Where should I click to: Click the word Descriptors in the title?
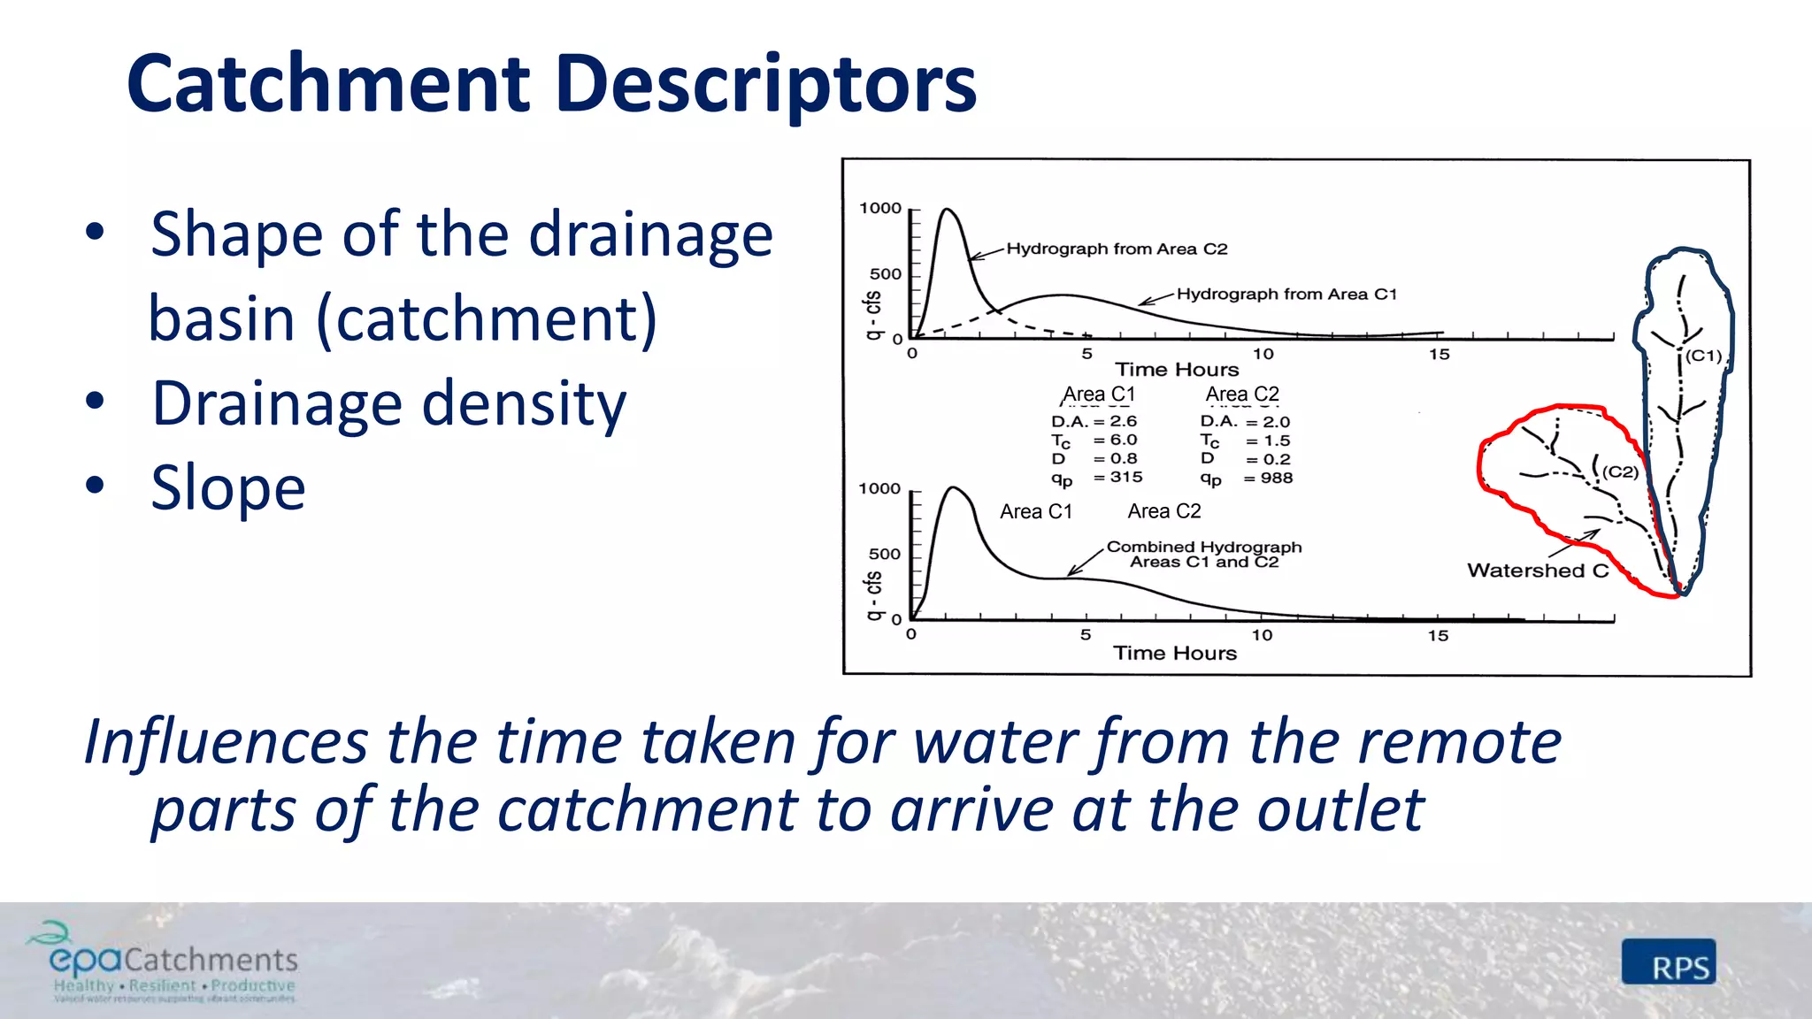click(766, 84)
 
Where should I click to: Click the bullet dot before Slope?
click(95, 487)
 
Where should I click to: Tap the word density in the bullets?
click(524, 403)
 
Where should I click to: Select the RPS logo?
click(1669, 963)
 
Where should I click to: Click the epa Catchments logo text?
click(173, 959)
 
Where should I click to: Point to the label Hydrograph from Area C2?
click(1117, 249)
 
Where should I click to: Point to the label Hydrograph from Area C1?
click(1286, 295)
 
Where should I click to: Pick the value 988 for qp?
click(1277, 479)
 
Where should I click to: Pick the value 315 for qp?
click(1126, 477)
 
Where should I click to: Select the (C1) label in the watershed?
click(1703, 356)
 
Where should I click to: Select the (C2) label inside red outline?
click(1621, 472)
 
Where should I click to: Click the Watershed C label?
click(1538, 571)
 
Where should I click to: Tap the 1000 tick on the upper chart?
click(880, 209)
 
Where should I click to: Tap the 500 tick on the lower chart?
click(884, 555)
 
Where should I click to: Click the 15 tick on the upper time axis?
click(1440, 355)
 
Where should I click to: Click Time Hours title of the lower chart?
click(1174, 654)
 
